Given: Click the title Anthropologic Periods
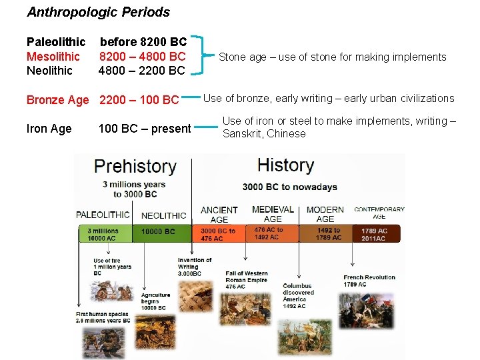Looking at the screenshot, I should pos(98,12).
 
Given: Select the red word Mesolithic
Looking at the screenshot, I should pos(53,57).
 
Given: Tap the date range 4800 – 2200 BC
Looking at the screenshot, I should pos(142,70).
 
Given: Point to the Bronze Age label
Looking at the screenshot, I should pos(57,100).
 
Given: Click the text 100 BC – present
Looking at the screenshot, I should pos(145,129).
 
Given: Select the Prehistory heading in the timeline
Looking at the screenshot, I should pos(135,167).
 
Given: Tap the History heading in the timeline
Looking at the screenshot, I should pos(285,165).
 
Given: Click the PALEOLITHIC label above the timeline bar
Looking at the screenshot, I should pos(103,215).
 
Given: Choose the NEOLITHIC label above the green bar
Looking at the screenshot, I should pos(164,215).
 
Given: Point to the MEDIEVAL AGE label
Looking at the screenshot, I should pos(273,213).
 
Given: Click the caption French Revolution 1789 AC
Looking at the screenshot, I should pos(369,281).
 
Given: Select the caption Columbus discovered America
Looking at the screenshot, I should pos(298,295).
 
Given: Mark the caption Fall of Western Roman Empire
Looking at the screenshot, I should pos(246,279).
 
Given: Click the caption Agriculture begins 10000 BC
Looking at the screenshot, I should pos(155,301).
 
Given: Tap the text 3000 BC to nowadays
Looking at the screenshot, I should pos(289,187).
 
